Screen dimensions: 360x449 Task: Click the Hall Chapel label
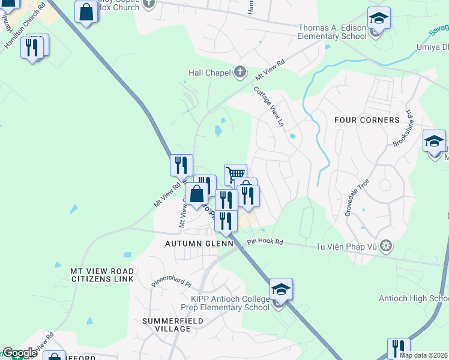209,73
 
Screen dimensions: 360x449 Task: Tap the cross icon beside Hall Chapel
240,73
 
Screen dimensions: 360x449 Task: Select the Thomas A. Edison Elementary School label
332,32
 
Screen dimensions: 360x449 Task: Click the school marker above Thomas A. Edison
379,19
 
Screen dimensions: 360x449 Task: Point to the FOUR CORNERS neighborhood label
367,120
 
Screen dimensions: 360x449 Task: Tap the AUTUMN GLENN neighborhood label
199,244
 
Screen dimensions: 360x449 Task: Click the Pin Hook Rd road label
265,242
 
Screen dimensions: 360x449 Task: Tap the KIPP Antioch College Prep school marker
281,290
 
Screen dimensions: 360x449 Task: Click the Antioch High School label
414,298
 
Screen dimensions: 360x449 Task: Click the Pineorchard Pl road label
171,280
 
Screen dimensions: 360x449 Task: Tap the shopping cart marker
235,175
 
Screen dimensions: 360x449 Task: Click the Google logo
20,353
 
